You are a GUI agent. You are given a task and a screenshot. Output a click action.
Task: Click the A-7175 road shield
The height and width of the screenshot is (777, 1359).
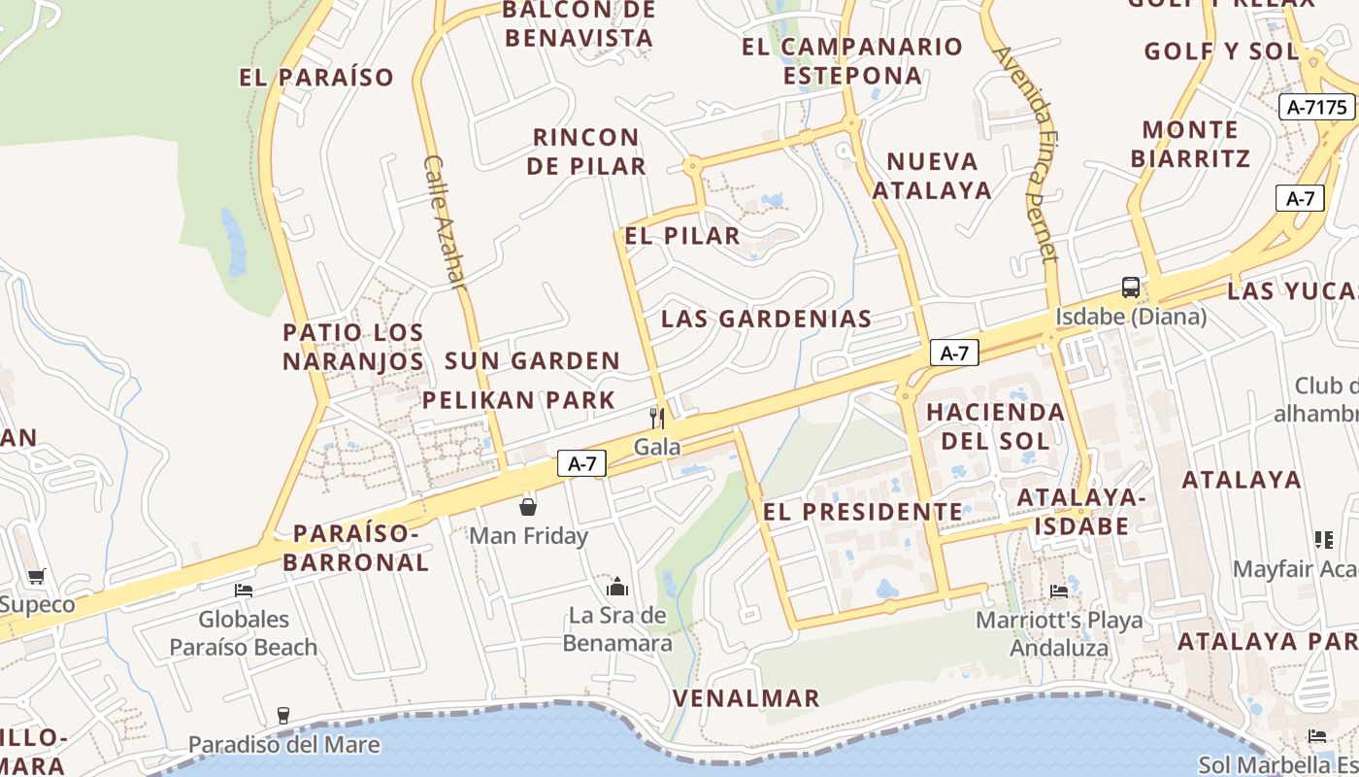[1318, 107]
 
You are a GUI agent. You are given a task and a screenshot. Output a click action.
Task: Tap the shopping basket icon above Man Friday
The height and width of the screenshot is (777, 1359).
[528, 507]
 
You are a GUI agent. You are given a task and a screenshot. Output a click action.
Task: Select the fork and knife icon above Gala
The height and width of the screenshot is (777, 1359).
[657, 419]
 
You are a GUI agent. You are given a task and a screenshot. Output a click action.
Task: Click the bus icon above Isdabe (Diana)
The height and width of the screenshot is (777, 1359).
[1131, 287]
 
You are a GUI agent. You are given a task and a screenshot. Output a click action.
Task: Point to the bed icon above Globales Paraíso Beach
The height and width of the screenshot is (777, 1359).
[244, 590]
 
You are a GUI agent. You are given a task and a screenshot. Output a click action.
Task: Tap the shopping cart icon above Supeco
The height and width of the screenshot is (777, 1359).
[37, 577]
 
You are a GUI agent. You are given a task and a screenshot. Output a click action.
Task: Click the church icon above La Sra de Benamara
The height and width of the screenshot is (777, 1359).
[617, 587]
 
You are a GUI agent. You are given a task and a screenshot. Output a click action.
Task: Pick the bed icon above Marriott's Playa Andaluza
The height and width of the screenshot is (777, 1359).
[1059, 591]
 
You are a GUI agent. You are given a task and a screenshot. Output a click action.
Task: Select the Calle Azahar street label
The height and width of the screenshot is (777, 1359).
[446, 222]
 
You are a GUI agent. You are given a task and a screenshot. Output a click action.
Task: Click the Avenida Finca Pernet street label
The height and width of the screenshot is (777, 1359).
[1026, 154]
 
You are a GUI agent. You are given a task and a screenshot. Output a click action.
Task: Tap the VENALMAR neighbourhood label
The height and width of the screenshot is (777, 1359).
[746, 697]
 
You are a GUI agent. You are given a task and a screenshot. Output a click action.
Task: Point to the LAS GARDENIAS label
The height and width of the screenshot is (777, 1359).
[766, 319]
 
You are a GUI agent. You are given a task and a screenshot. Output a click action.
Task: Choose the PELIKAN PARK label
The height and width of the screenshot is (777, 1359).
[518, 399]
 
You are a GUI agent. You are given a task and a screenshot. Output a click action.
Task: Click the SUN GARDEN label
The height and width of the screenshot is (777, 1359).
[532, 360]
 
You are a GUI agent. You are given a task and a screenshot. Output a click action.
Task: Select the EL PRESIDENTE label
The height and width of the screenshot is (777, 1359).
[863, 512]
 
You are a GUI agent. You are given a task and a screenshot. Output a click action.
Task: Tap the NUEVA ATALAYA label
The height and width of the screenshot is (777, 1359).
[932, 175]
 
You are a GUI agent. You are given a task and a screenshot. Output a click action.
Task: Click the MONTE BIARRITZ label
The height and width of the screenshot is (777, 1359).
[1190, 144]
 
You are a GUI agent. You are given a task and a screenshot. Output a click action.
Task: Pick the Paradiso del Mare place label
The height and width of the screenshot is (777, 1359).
[283, 744]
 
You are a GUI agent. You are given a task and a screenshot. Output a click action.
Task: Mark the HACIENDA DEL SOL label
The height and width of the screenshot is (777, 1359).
[995, 425]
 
